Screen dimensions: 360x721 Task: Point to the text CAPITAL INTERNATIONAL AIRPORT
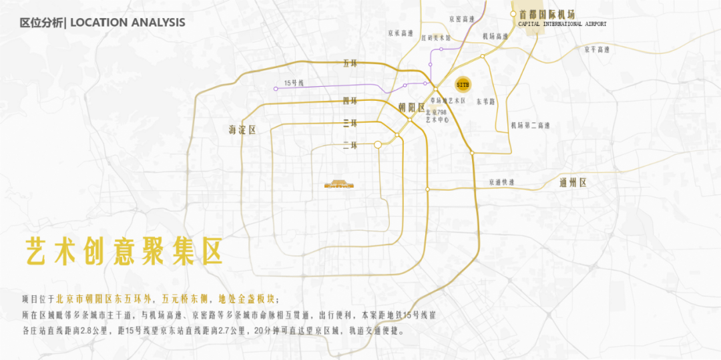563,24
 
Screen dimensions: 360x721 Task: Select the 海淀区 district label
242,130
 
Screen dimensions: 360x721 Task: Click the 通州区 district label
573,182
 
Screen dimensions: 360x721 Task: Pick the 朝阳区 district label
411,107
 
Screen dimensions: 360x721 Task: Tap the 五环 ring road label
350,63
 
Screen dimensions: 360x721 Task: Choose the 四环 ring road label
350,101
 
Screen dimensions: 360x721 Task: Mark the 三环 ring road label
350,123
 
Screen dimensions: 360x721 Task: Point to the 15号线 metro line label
294,83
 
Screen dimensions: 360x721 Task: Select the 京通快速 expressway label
501,182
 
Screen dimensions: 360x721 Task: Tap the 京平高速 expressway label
597,49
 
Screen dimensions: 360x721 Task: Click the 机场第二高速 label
530,125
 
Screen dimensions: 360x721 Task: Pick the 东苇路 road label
486,102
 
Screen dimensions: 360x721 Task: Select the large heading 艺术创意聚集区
123,250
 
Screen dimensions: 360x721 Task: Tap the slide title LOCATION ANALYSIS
128,23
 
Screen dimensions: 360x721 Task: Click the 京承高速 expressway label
401,32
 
